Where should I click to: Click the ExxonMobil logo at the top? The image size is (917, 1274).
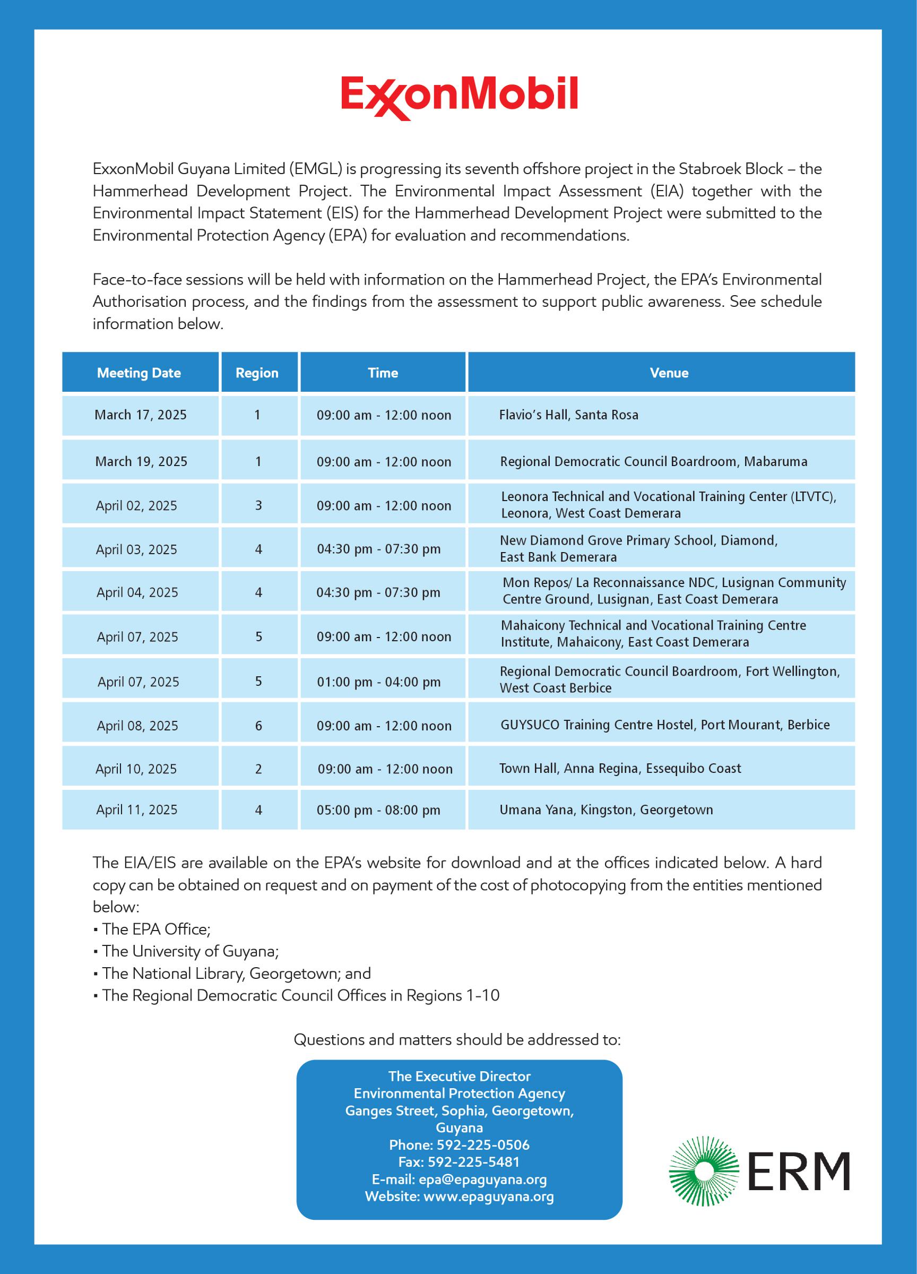pos(459,97)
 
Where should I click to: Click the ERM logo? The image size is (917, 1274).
pos(759,1170)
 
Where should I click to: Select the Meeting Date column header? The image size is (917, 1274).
pos(139,373)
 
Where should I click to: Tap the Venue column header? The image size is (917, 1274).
pos(669,373)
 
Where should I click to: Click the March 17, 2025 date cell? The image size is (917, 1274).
pos(141,415)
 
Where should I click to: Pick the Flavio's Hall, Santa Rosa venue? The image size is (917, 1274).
pos(568,415)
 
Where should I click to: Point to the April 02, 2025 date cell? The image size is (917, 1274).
pos(136,505)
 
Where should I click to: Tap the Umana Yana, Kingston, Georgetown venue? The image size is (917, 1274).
pos(606,810)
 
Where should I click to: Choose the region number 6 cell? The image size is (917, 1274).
pos(258,726)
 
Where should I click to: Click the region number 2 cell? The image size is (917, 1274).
pos(258,769)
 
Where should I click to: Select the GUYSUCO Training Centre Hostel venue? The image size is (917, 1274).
pos(665,725)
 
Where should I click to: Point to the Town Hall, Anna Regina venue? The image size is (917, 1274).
pos(620,769)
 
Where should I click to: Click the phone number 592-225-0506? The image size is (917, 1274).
pos(483,1145)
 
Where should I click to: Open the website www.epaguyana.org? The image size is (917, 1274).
pos(488,1196)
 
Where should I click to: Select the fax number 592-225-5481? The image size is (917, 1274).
pos(473,1161)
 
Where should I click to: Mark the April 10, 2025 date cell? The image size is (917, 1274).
pos(136,769)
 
